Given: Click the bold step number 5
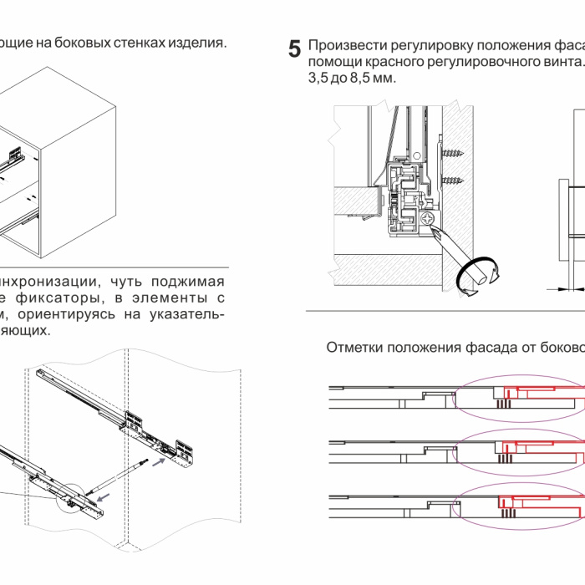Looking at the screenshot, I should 294,48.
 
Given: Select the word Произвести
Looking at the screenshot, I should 343,45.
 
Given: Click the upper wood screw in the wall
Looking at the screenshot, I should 454,153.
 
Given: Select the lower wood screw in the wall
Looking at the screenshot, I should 454,179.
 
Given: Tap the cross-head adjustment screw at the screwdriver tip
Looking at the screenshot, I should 430,219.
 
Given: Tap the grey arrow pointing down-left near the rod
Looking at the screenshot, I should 102,498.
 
